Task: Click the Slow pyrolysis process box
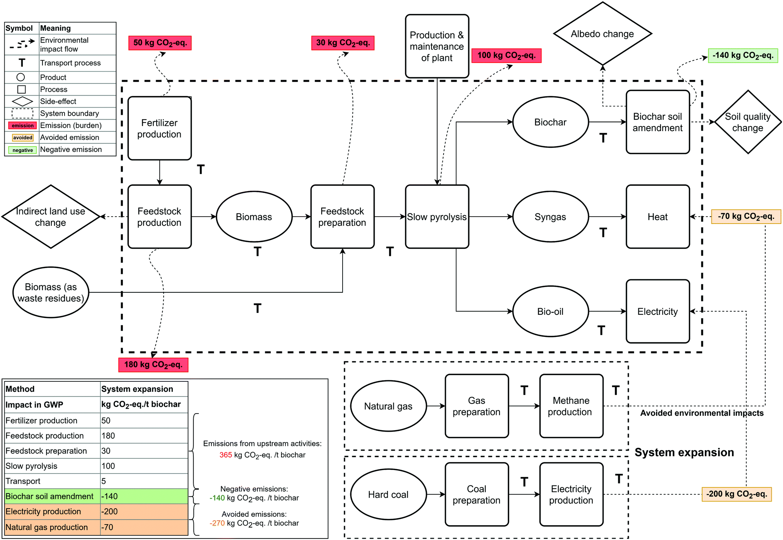point(437,217)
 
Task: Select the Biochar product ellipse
point(550,122)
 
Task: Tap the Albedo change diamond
point(602,34)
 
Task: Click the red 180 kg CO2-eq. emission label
point(153,365)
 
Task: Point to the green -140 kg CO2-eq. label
point(742,56)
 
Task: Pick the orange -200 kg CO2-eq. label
point(736,494)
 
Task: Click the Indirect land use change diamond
point(51,217)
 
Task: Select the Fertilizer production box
point(159,128)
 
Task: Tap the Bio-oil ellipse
point(550,311)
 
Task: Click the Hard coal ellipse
point(388,494)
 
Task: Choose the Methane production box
point(571,406)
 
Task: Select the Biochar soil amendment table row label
point(49,496)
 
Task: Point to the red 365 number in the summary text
point(225,455)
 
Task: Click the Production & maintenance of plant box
point(437,46)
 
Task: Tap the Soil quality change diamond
point(747,122)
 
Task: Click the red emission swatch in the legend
point(22,126)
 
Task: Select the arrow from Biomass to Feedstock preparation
point(301,217)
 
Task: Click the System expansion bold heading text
point(684,452)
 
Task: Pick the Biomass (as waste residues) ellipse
point(51,292)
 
